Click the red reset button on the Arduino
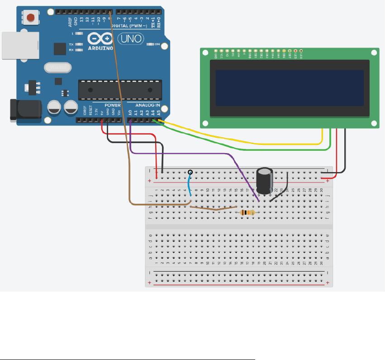pos(31,18)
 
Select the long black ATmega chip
pos(120,89)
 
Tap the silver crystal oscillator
pos(57,68)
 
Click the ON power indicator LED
pos(151,44)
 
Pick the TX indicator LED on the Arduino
pos(80,44)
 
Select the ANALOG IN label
pos(145,105)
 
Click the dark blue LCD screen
pos(290,87)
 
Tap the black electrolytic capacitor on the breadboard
pos(264,180)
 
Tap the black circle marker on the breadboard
pos(190,172)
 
